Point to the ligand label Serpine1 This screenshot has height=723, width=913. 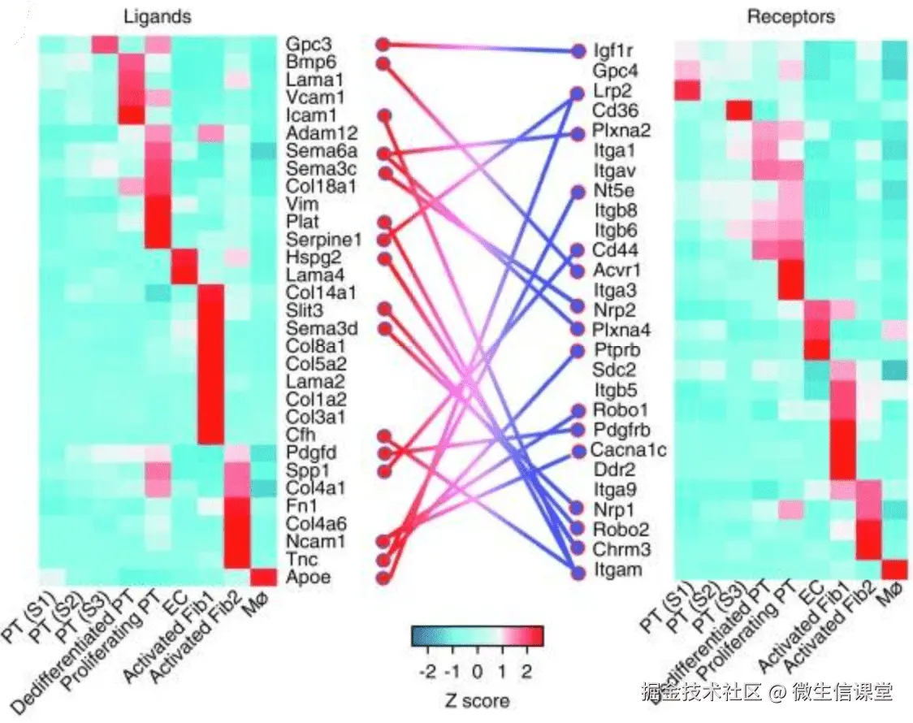[x=312, y=240]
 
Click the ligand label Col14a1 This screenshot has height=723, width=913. [x=312, y=292]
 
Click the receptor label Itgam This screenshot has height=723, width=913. [x=617, y=570]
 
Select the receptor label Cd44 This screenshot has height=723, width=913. [x=614, y=250]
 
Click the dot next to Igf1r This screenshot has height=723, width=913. [x=578, y=50]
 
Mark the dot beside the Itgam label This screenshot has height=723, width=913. [x=578, y=572]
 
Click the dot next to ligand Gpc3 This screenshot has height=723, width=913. [x=383, y=44]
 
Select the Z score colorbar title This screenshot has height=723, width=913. [x=478, y=700]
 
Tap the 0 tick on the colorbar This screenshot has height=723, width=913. [x=478, y=671]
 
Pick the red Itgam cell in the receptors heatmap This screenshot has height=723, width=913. [x=895, y=569]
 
